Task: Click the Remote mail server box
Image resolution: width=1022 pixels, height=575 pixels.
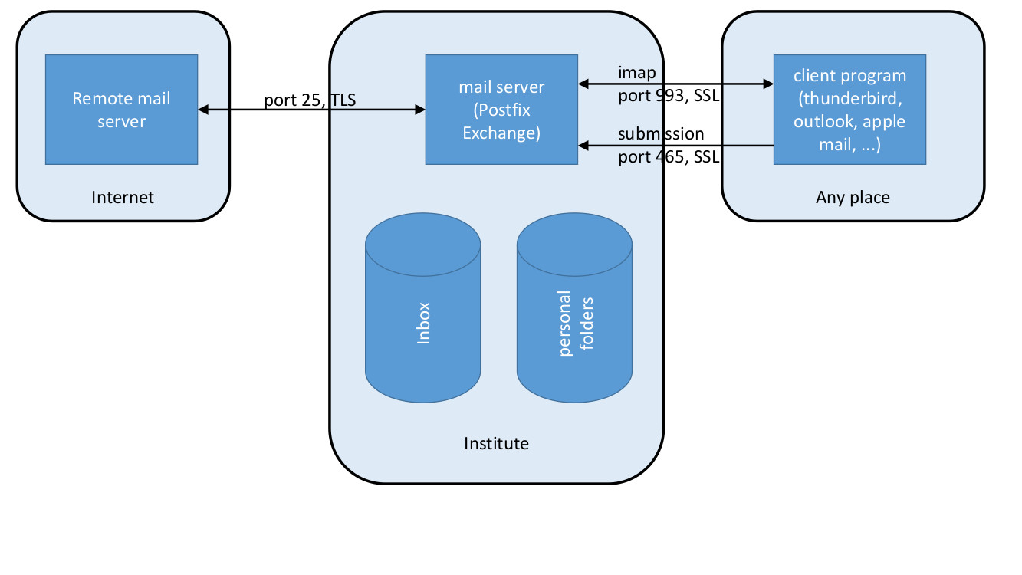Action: point(121,109)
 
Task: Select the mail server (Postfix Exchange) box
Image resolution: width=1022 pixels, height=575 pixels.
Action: point(501,109)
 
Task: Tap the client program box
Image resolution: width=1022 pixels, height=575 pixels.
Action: point(849,109)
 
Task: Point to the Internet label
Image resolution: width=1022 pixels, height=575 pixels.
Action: point(123,197)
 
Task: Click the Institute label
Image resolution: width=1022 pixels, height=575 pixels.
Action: point(496,443)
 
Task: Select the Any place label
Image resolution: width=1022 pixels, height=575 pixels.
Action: point(853,197)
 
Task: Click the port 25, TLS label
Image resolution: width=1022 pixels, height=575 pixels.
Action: point(310,100)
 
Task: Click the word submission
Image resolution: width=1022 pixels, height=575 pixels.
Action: point(661,134)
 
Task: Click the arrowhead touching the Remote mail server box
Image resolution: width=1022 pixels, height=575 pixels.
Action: point(203,110)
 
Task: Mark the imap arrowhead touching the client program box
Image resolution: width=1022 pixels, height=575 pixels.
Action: point(768,84)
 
